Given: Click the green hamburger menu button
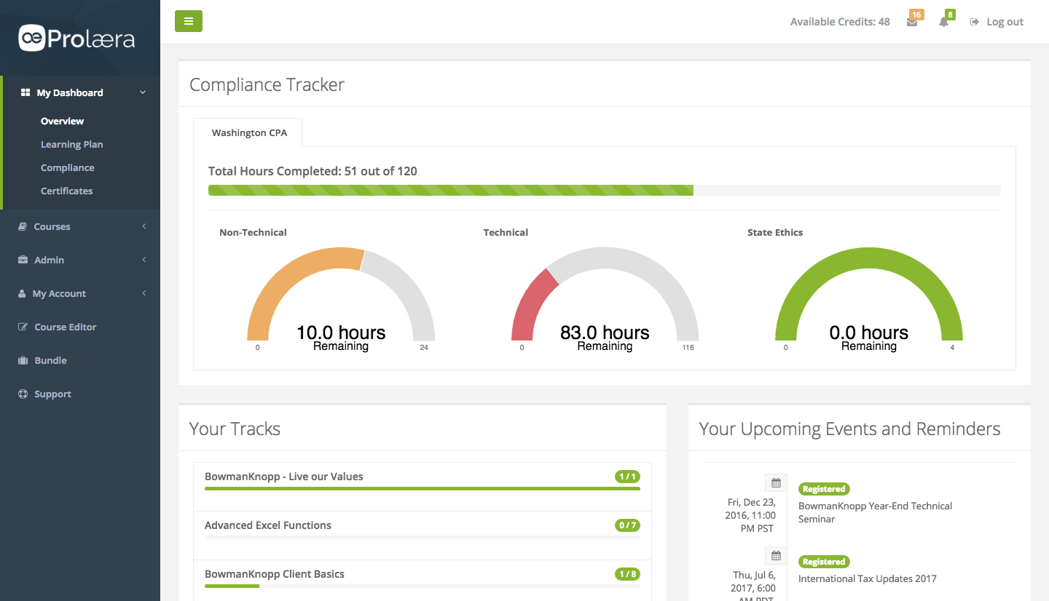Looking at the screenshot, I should point(189,21).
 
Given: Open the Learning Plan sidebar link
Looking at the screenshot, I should point(71,144).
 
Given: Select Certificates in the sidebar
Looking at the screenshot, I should point(66,191).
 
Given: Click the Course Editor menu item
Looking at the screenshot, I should point(65,327).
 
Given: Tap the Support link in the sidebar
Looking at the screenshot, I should point(52,394).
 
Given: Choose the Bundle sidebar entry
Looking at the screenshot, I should point(50,360).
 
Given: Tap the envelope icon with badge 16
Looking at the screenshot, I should point(912,22).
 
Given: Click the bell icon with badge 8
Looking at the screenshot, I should point(943,22).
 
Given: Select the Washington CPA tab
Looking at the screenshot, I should point(249,133).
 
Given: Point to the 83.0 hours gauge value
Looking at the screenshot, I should point(605,333).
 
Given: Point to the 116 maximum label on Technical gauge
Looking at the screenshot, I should point(688,348).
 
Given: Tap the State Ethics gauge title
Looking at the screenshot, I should point(775,233).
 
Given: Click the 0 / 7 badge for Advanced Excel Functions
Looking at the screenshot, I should point(627,525).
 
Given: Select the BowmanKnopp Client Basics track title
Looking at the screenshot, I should point(275,574).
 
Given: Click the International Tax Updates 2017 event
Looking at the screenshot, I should point(867,579).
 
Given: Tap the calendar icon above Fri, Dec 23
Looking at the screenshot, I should point(776,483).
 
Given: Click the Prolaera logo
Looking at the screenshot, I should point(77,38).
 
